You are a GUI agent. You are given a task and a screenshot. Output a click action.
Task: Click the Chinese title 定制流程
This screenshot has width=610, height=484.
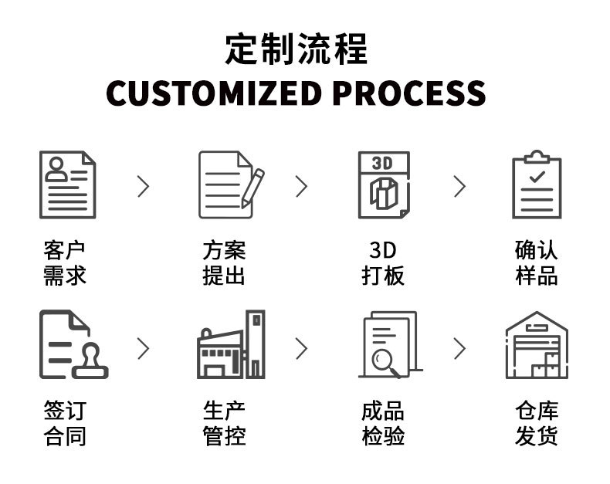(297, 49)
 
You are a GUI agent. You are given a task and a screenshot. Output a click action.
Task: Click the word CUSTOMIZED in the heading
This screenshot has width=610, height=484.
(213, 93)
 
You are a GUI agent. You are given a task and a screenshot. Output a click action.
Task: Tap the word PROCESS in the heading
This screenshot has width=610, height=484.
(409, 93)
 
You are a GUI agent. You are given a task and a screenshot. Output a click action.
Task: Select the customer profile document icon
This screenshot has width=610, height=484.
(68, 184)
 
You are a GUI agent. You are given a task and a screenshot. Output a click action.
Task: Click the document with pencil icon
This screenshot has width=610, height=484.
(230, 184)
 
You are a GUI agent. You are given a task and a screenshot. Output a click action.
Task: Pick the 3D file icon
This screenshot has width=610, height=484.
(383, 184)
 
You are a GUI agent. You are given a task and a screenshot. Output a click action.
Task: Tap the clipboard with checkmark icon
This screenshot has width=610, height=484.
(537, 184)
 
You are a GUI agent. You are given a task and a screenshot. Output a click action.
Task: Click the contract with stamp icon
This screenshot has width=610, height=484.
(72, 345)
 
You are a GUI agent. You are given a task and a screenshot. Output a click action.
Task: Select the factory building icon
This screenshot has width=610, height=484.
(230, 345)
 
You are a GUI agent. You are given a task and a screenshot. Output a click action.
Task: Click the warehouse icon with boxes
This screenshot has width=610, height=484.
(537, 345)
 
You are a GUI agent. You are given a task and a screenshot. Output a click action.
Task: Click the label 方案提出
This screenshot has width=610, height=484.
(224, 262)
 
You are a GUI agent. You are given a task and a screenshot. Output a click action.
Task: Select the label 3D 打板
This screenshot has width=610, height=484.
(383, 262)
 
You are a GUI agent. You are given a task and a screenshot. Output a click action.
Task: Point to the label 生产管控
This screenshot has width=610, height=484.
(224, 423)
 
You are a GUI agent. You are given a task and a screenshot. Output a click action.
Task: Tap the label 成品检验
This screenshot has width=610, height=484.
(383, 423)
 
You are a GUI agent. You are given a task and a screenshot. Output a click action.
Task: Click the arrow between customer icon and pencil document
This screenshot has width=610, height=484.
(143, 186)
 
